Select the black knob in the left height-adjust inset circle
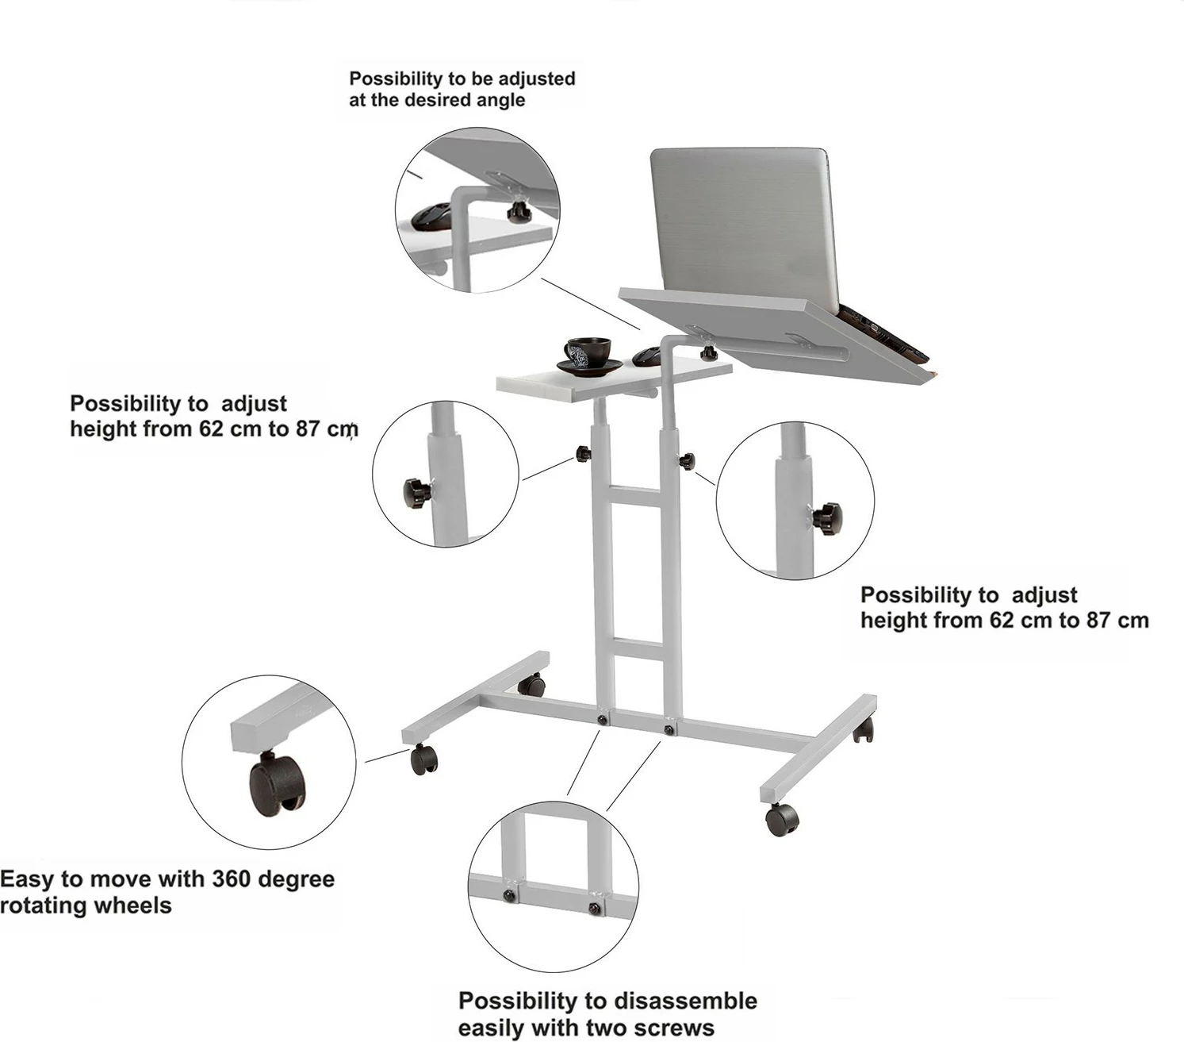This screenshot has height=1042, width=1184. pyautogui.click(x=416, y=494)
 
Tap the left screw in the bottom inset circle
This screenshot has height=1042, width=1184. pyautogui.click(x=510, y=896)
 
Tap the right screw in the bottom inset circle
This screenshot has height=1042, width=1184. pyautogui.click(x=595, y=908)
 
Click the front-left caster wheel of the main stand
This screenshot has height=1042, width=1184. pyautogui.click(x=424, y=759)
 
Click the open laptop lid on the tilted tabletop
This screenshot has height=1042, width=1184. pyautogui.click(x=745, y=229)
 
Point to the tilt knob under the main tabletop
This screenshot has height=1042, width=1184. pyautogui.click(x=708, y=352)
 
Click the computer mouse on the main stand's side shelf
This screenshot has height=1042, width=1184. pyautogui.click(x=647, y=355)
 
